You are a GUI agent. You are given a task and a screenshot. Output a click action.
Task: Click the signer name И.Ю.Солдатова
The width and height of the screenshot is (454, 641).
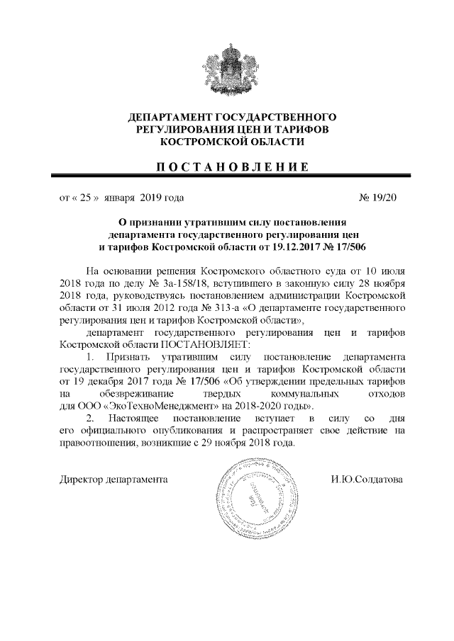point(367,480)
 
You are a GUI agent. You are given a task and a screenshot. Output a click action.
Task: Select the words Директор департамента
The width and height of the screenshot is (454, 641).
point(113,480)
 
